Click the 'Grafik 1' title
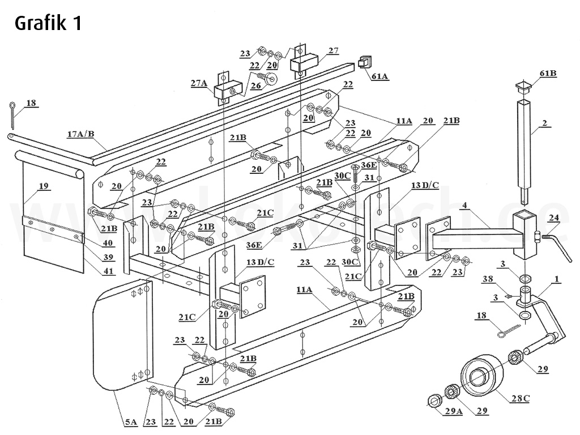click(x=48, y=23)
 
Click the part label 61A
click(x=379, y=76)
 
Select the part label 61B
click(x=548, y=74)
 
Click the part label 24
click(x=553, y=217)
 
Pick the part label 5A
click(x=130, y=421)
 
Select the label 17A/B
click(x=80, y=134)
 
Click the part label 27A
click(x=199, y=83)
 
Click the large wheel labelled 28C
click(x=482, y=374)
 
